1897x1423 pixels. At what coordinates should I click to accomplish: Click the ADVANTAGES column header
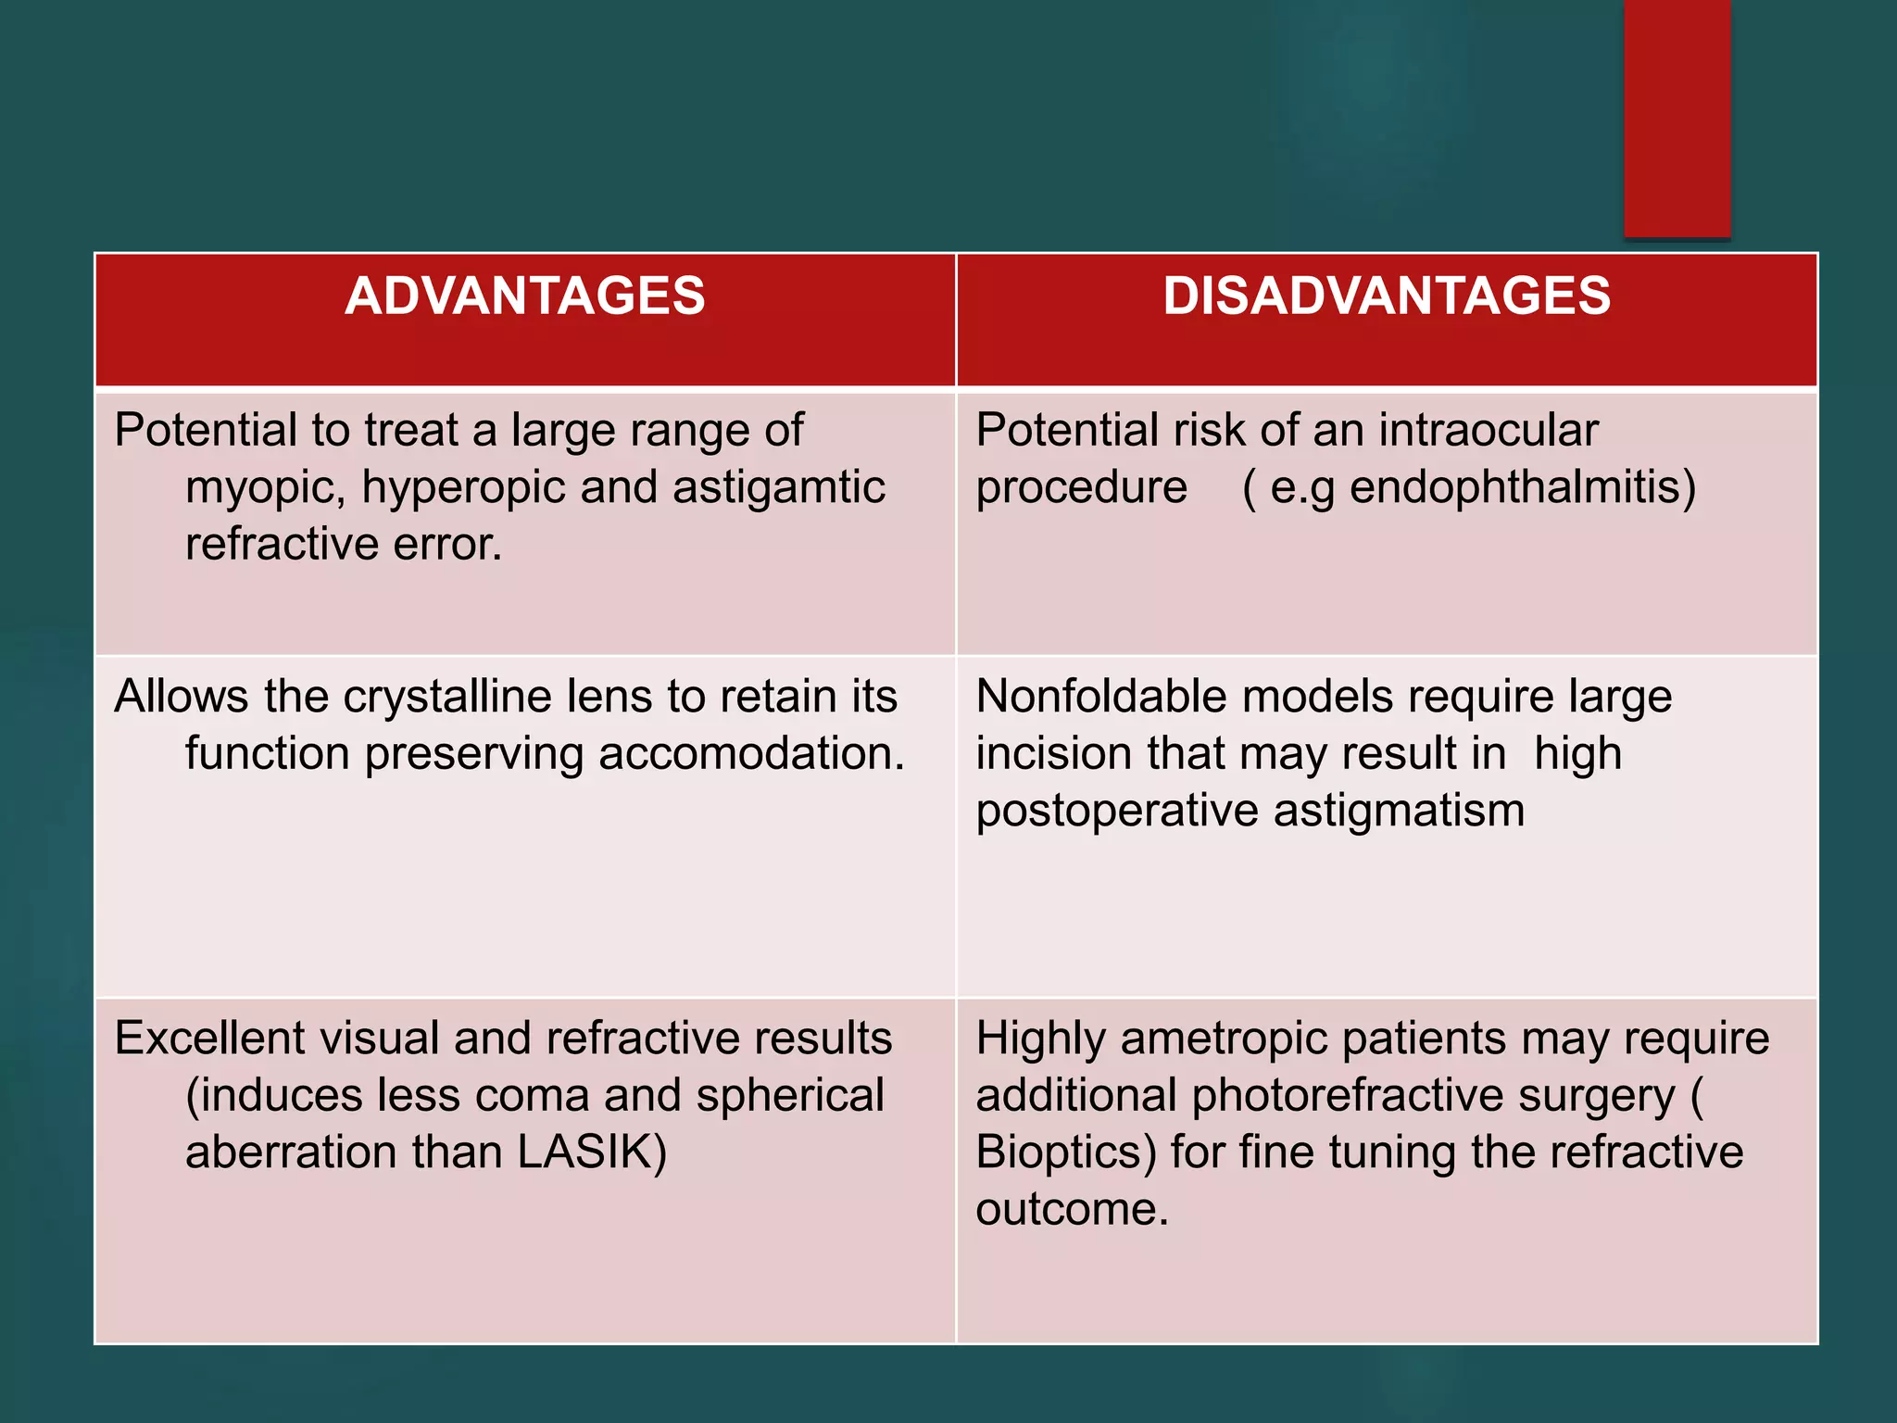tap(524, 296)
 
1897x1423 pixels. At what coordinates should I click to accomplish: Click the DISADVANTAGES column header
tap(1387, 296)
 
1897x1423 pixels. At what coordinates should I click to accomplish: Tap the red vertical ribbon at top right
tap(1677, 116)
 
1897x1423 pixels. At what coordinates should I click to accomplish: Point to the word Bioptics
tap(1065, 1152)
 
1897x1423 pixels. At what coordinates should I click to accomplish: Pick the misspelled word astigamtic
tap(778, 487)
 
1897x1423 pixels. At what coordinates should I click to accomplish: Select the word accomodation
tap(751, 754)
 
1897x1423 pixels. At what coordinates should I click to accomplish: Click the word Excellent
tap(209, 1039)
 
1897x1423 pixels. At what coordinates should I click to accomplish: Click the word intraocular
tap(1488, 431)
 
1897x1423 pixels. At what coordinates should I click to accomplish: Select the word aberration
tap(291, 1152)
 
